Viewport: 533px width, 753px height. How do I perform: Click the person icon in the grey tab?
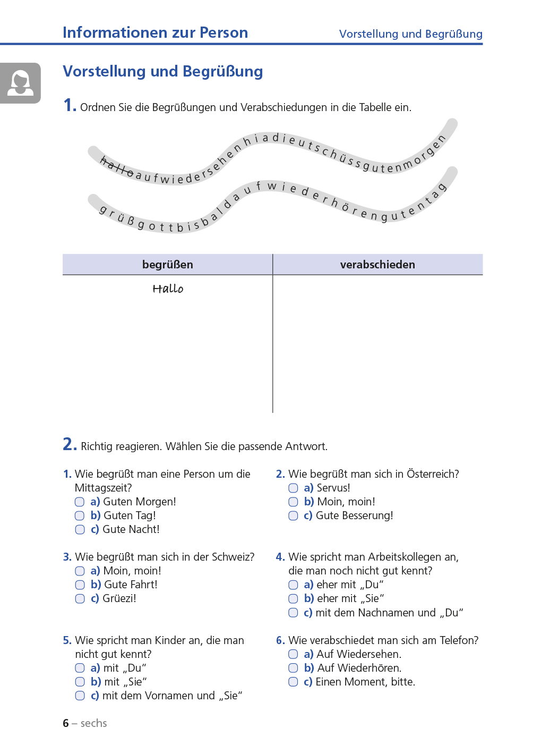tap(21, 83)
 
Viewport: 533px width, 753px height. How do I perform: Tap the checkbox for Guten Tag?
tap(80, 515)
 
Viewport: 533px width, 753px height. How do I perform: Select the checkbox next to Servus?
tap(293, 488)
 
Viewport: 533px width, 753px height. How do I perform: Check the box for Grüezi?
tap(80, 599)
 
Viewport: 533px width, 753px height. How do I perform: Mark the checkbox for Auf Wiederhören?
tap(293, 668)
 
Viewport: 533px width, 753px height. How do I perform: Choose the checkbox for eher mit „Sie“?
tap(293, 599)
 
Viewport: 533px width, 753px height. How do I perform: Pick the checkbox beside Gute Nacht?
tap(80, 529)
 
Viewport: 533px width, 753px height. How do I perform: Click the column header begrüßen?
tap(168, 265)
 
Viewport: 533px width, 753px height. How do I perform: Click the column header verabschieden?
tap(377, 265)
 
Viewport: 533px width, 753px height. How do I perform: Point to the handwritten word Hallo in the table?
tap(168, 289)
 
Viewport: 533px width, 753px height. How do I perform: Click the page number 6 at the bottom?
tap(66, 723)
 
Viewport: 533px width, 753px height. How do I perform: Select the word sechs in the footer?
tap(94, 723)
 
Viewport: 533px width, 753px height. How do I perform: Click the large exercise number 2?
tap(69, 444)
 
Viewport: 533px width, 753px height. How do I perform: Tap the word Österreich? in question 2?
tap(433, 474)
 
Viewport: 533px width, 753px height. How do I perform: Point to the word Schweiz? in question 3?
tap(233, 557)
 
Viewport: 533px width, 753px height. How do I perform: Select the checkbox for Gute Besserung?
tap(293, 515)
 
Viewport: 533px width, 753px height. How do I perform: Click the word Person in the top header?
tap(223, 33)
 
